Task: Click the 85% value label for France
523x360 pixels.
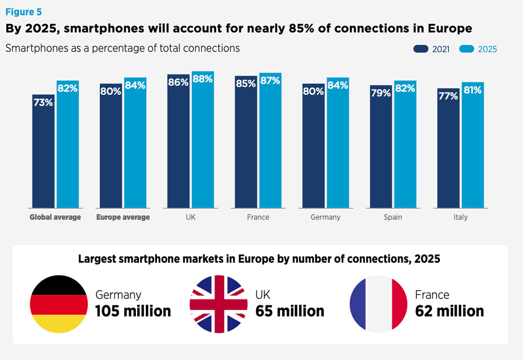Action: point(246,83)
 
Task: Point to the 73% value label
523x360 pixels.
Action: point(44,102)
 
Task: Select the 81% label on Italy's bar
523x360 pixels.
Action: point(472,90)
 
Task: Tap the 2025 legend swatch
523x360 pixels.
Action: point(467,49)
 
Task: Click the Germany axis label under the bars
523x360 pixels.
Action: point(325,218)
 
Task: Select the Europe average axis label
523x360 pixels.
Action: point(123,218)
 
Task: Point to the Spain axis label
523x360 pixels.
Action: point(393,218)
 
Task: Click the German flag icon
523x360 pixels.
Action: point(58,304)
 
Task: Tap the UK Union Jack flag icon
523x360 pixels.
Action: point(218,304)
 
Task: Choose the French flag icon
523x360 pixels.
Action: point(378,304)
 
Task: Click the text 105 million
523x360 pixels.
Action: point(133,311)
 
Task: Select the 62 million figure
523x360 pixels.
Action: point(449,311)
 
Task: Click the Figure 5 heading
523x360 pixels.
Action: point(24,12)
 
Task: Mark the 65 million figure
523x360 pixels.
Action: point(289,311)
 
